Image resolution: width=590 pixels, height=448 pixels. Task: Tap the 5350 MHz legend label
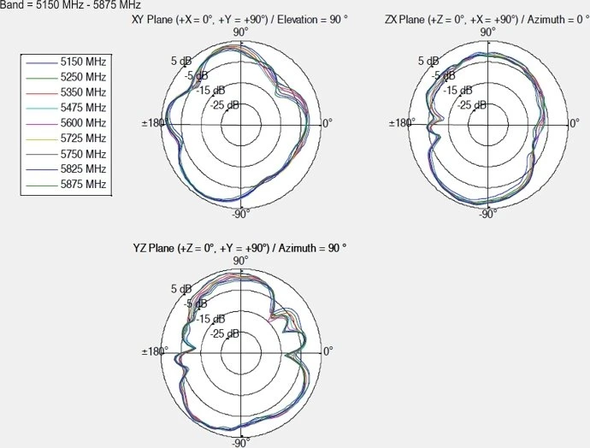click(83, 92)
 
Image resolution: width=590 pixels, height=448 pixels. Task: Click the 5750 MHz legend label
click(83, 154)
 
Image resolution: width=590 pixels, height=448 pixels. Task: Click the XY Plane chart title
click(239, 20)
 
